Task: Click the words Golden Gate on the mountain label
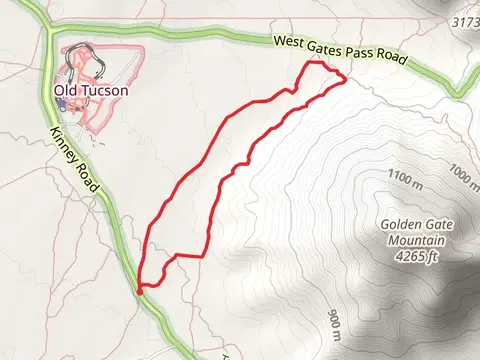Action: point(412,224)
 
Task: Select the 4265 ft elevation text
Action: point(412,256)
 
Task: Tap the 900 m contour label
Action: point(333,322)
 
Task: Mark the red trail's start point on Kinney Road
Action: point(137,290)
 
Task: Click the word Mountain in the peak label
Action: point(412,240)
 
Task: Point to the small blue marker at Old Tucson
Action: point(60,102)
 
